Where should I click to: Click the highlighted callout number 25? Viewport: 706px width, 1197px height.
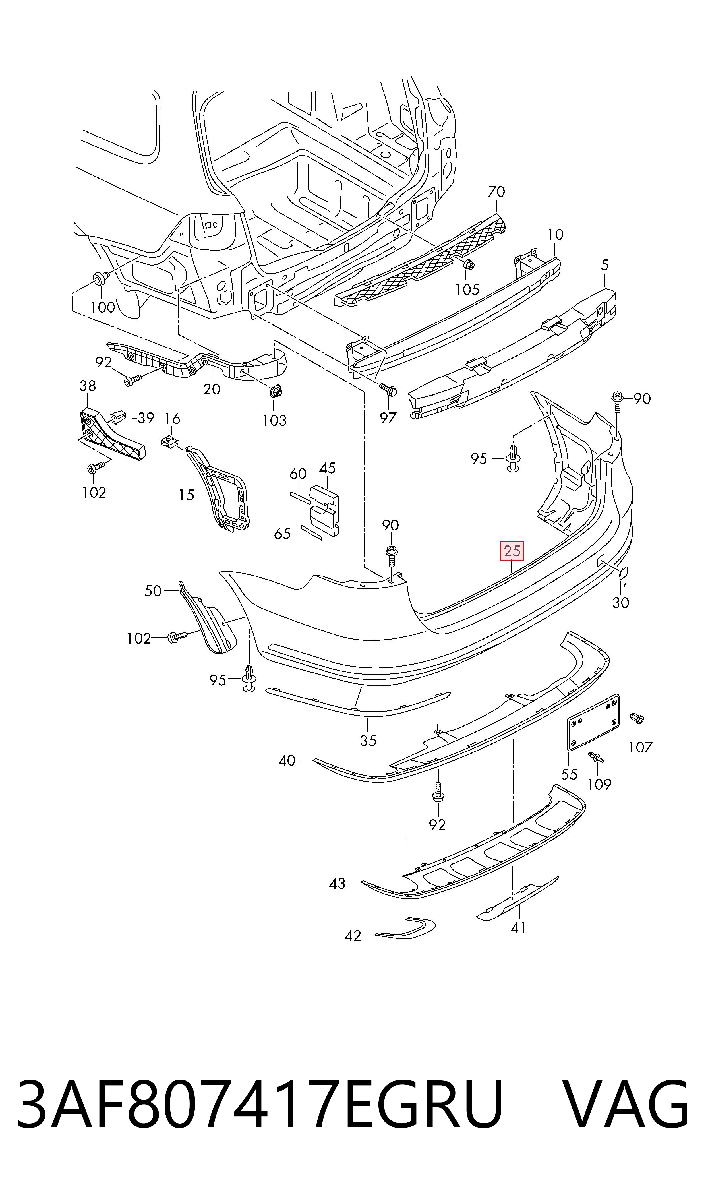coord(512,551)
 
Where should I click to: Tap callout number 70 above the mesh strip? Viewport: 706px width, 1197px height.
coord(496,192)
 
